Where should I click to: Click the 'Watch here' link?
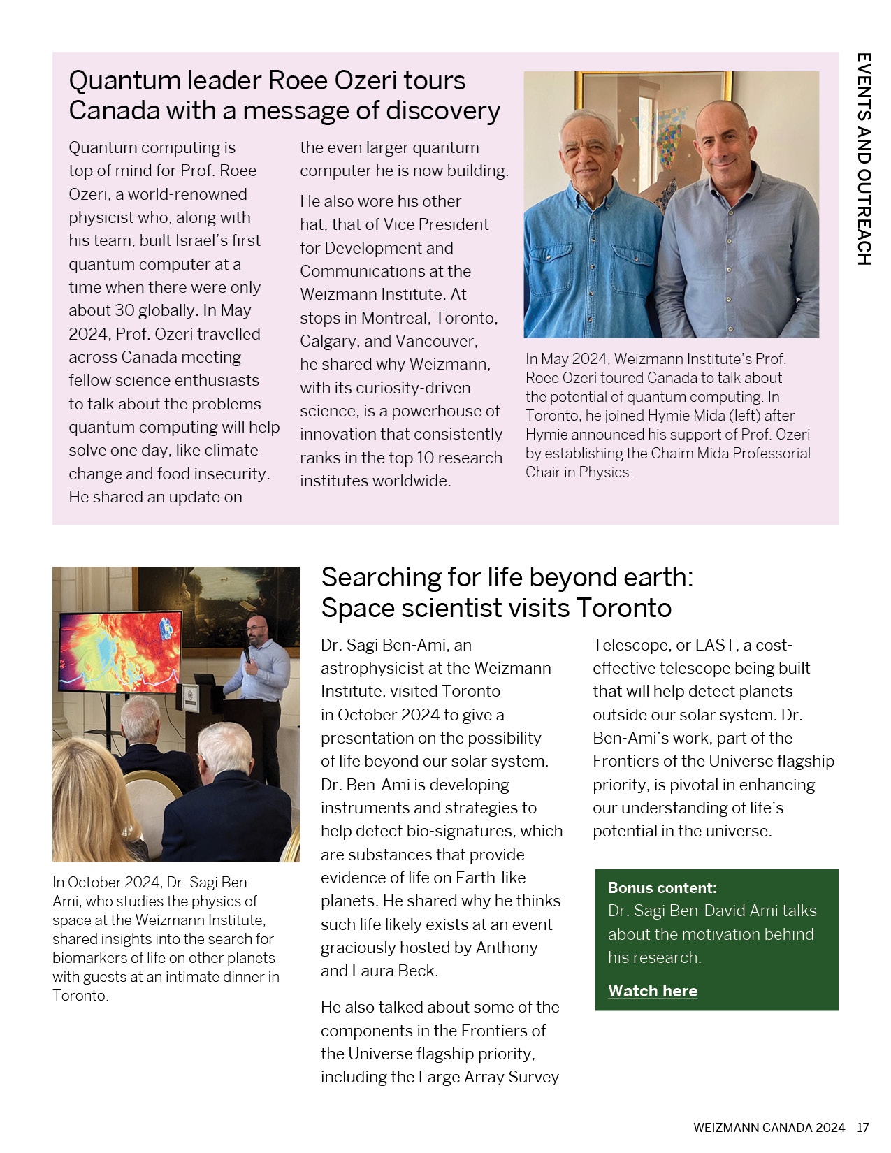click(x=652, y=991)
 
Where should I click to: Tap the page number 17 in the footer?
click(x=863, y=1127)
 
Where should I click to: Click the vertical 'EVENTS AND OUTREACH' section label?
click(x=864, y=159)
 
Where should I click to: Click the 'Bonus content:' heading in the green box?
click(x=662, y=888)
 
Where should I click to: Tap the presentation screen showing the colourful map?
click(x=120, y=652)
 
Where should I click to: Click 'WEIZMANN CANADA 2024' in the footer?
click(x=769, y=1127)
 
